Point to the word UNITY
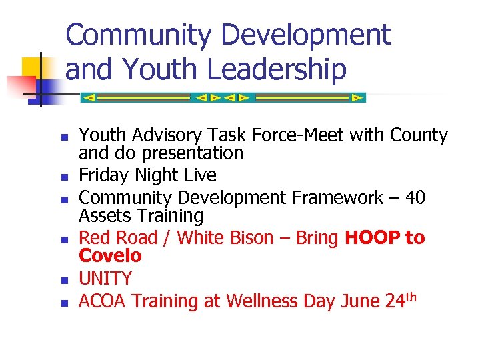[105, 279]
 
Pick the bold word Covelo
[110, 255]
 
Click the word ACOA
[103, 301]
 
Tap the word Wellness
[262, 301]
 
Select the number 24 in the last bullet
[394, 301]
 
